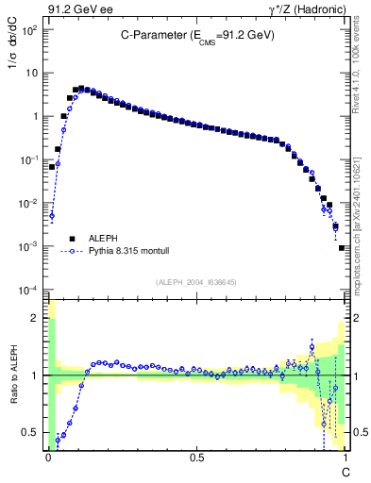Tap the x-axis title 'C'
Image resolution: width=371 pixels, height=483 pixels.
(346, 470)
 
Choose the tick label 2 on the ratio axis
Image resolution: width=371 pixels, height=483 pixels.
(38, 318)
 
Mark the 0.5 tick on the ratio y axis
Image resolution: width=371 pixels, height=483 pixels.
(34, 433)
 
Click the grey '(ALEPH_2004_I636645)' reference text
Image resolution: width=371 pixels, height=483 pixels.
(196, 281)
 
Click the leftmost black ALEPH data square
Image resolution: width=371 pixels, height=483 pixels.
(52, 167)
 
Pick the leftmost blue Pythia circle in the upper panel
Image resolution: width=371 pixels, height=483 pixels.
(52, 215)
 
